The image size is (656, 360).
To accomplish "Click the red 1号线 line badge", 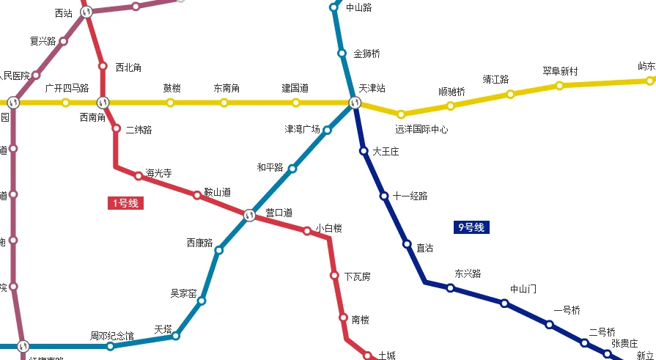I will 125,203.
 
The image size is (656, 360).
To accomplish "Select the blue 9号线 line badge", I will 471,227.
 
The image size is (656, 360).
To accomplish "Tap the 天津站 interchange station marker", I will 355,103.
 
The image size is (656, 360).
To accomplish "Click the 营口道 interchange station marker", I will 249,216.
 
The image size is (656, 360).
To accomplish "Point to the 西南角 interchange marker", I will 103,103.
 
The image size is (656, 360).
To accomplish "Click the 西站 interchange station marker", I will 86,12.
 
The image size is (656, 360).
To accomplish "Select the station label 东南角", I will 226,89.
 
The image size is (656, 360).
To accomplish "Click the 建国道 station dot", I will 296,103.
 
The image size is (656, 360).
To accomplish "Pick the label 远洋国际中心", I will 421,130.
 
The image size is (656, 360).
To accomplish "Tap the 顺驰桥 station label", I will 452,92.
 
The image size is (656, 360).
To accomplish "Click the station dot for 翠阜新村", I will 559,86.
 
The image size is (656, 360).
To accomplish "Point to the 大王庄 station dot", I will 364,151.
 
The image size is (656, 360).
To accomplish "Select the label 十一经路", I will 410,196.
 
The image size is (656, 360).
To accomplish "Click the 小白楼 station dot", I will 307,231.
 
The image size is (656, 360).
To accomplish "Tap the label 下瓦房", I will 357,276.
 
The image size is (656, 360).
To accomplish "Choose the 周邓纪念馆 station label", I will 112,336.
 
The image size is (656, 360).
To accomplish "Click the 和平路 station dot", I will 292,169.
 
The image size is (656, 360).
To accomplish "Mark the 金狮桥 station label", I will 366,54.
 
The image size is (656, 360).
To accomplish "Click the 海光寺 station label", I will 158,174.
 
